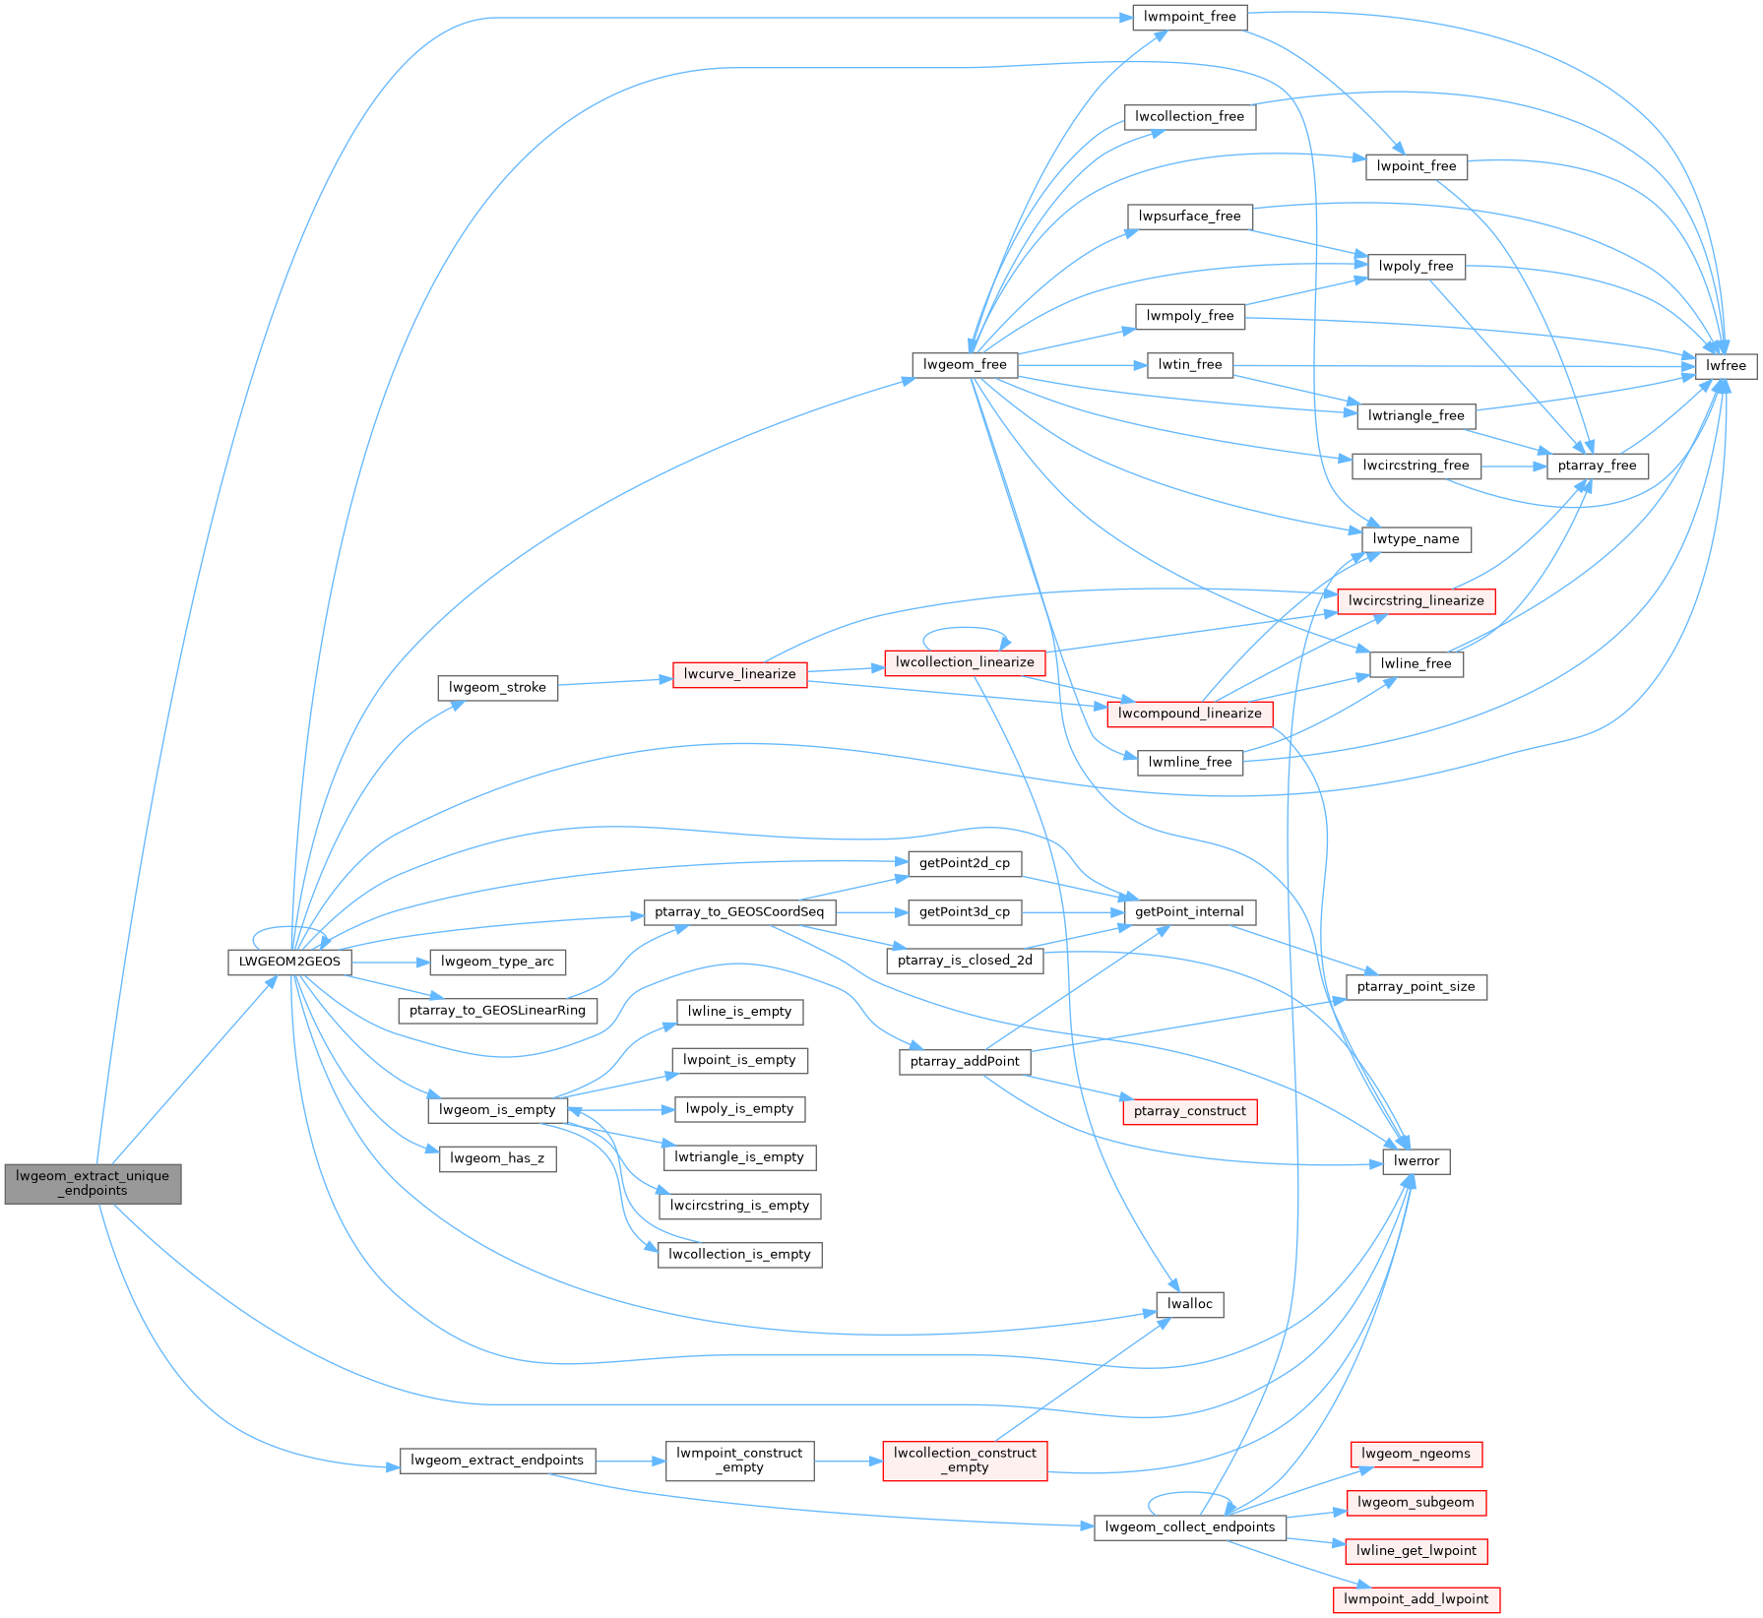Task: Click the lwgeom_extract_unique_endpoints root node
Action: (x=93, y=1183)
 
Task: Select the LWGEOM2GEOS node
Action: (x=289, y=962)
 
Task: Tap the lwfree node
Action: (x=1726, y=366)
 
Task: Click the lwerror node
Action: (x=1416, y=1161)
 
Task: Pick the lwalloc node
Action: (x=1189, y=1304)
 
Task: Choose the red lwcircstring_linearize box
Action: (x=1416, y=601)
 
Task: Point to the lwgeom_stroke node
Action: (x=497, y=688)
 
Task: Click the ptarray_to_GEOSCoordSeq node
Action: (x=739, y=912)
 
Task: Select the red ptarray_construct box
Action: (x=1189, y=1111)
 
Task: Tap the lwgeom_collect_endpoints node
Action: (x=1189, y=1527)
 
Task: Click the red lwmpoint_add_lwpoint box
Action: (x=1416, y=1599)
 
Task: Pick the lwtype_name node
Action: (x=1416, y=539)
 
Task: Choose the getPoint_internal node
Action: (x=1189, y=912)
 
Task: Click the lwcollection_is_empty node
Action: (x=739, y=1255)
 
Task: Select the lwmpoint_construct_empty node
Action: (x=739, y=1461)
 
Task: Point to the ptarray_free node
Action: (x=1597, y=466)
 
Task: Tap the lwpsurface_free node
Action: (x=1189, y=217)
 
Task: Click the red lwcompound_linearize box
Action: (x=1189, y=714)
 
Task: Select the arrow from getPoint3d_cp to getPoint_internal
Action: (x=1073, y=912)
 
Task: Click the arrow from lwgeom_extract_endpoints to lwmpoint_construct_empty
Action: (x=630, y=1462)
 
